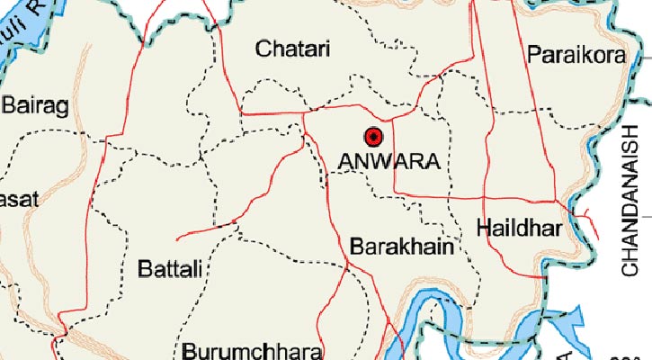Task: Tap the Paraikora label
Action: (x=576, y=54)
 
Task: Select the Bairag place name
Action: (x=35, y=107)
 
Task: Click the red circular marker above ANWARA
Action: (x=373, y=138)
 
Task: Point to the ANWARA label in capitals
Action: (x=389, y=163)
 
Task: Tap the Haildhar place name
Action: (x=519, y=228)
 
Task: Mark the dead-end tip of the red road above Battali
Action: (x=178, y=238)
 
